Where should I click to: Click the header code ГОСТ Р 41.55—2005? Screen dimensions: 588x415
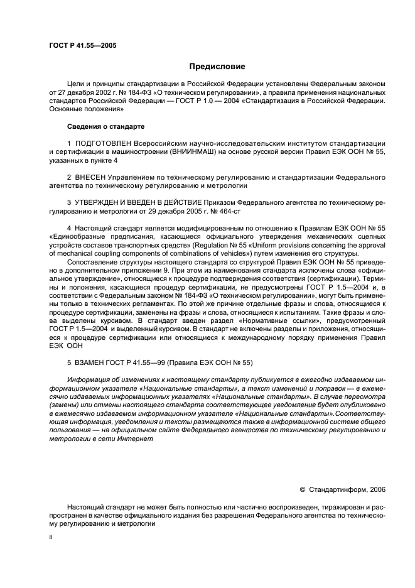click(82, 46)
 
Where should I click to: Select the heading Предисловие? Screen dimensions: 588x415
click(217, 67)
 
